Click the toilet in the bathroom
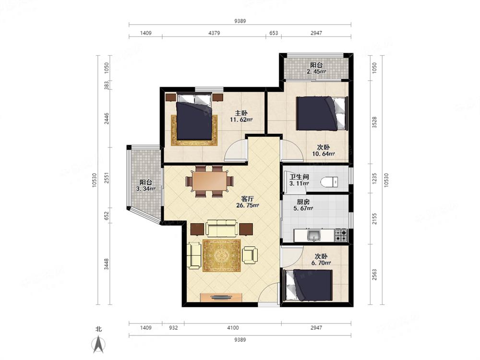pyautogui.click(x=329, y=182)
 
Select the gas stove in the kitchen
pyautogui.click(x=341, y=235)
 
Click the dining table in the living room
pyautogui.click(x=210, y=181)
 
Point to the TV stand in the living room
pyautogui.click(x=221, y=297)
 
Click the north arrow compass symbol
pyautogui.click(x=98, y=344)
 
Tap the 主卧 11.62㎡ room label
pyautogui.click(x=241, y=116)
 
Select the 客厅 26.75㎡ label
pyautogui.click(x=248, y=202)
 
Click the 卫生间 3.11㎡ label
pyautogui.click(x=299, y=180)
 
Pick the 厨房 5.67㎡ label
pyautogui.click(x=303, y=205)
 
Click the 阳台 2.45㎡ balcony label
pyautogui.click(x=316, y=68)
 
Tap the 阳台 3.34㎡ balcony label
pyautogui.click(x=146, y=185)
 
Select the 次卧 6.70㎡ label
pyautogui.click(x=321, y=260)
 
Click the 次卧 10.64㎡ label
pyautogui.click(x=323, y=150)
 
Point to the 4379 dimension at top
pyautogui.click(x=214, y=33)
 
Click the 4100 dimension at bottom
pyautogui.click(x=233, y=328)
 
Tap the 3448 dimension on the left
pyautogui.click(x=106, y=264)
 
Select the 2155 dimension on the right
pyautogui.click(x=374, y=218)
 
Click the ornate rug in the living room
pyautogui.click(x=221, y=256)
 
